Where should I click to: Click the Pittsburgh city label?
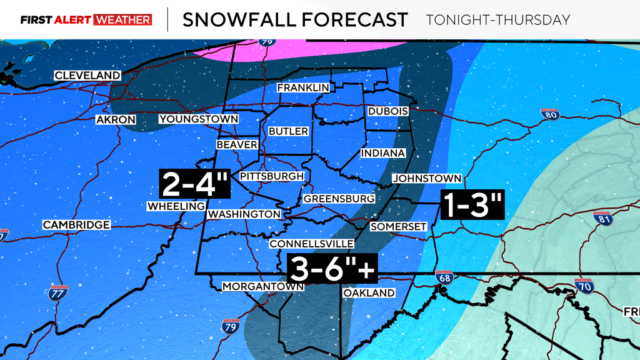pos(272,176)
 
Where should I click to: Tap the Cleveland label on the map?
pos(87,76)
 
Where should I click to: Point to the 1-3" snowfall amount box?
pos(472,204)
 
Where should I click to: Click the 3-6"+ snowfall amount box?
pos(332,269)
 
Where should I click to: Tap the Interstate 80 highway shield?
pos(549,114)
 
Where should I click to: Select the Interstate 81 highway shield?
pos(602,219)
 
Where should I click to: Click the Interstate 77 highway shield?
pos(57,293)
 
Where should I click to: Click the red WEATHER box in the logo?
pos(122,20)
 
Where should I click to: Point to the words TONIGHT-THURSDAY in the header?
pos(497,20)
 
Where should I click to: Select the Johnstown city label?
pos(427,179)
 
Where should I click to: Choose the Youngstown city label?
pos(199,119)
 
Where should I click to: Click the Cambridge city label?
pos(76,224)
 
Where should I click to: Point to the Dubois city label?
pos(387,111)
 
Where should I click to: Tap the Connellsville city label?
pos(312,244)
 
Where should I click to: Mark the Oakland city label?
pos(369,292)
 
